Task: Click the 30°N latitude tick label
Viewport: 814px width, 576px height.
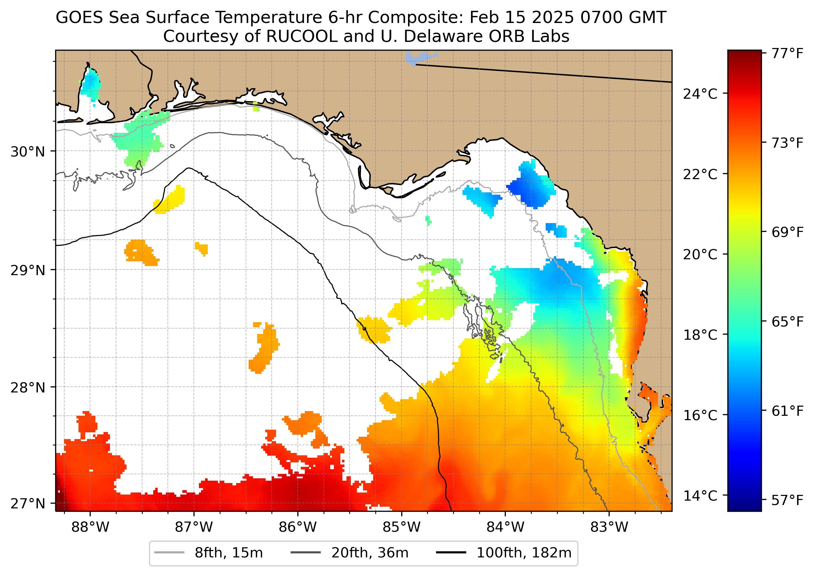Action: (x=28, y=152)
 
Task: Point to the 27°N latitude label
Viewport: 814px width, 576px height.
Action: (x=28, y=503)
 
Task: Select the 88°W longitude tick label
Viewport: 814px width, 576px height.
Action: (x=90, y=527)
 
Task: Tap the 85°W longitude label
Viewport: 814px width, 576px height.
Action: (x=402, y=527)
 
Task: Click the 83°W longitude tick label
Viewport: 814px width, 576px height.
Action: (x=609, y=527)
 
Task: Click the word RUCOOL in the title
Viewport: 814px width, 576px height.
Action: (x=301, y=36)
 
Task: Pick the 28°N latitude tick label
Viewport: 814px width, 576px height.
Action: (x=28, y=388)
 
